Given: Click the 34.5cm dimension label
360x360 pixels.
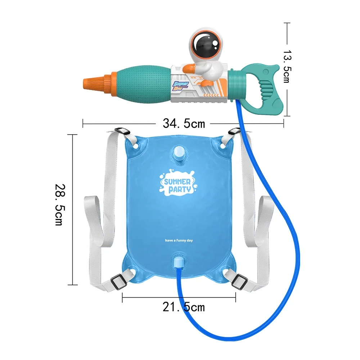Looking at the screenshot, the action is coord(184,124).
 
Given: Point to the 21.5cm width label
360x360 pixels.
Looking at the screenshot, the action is coord(184,307).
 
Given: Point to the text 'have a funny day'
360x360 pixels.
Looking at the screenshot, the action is coord(179,240).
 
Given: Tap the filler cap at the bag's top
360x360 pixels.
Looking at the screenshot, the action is coord(179,154).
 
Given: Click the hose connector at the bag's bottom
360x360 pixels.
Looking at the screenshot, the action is coord(178,262).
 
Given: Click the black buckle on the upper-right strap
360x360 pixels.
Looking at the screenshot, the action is coord(234,132).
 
